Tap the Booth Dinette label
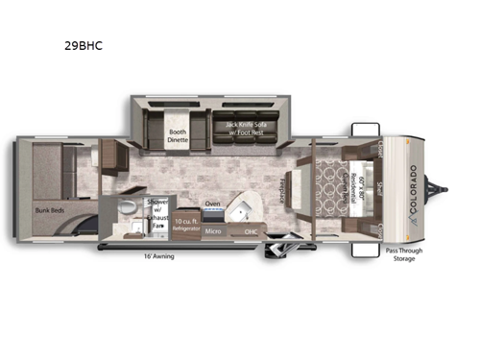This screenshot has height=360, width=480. coord(178,134)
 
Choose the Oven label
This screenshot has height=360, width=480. coord(213,204)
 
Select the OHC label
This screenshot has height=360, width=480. coord(251,232)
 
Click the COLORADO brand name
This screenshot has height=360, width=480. coord(414,187)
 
